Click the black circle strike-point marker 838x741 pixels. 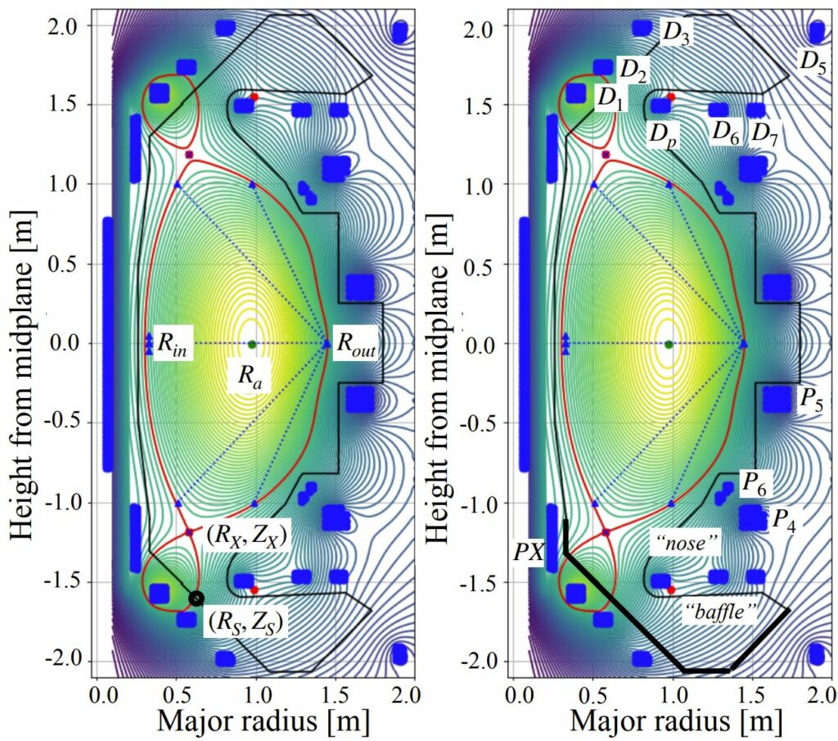coord(196,599)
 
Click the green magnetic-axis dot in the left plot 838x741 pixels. coord(251,344)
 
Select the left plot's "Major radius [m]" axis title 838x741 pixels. coord(256,721)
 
